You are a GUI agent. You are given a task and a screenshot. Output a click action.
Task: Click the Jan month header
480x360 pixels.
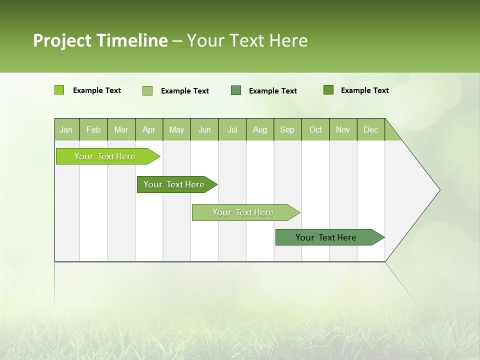pyautogui.click(x=66, y=130)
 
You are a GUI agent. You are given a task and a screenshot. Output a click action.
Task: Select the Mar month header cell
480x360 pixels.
pyautogui.click(x=121, y=130)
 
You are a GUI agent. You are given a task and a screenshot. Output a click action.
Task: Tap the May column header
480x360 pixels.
pyautogui.click(x=176, y=130)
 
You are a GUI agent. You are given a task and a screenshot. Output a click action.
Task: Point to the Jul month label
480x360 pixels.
pyautogui.click(x=232, y=130)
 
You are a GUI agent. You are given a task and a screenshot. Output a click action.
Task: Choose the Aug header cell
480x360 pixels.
pyautogui.click(x=259, y=130)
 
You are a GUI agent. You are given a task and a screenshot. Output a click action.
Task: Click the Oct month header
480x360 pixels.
pyautogui.click(x=315, y=130)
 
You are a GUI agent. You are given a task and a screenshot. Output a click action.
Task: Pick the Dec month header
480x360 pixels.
pyautogui.click(x=370, y=130)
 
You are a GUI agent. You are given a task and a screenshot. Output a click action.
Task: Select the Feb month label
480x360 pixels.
pyautogui.click(x=93, y=130)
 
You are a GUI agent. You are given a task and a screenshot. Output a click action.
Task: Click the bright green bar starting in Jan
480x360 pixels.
pyautogui.click(x=105, y=156)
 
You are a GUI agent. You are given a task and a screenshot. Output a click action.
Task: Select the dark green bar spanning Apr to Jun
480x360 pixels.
pyautogui.click(x=174, y=184)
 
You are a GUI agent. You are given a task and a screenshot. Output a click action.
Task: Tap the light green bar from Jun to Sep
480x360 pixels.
pyautogui.click(x=243, y=212)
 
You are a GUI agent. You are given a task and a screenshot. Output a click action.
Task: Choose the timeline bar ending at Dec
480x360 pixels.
pyautogui.click(x=326, y=237)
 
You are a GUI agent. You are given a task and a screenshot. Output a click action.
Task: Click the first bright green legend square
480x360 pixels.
pyautogui.click(x=59, y=90)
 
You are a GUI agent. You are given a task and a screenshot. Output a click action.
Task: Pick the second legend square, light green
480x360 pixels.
pyautogui.click(x=147, y=90)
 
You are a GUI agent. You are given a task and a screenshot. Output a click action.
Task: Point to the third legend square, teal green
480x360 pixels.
pyautogui.click(x=236, y=90)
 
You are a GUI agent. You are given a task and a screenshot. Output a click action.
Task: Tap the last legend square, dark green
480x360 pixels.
pyautogui.click(x=328, y=90)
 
